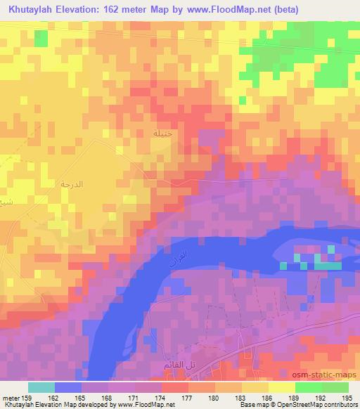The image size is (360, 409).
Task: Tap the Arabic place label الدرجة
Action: coord(72,184)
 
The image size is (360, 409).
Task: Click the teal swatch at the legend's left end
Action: coord(41,387)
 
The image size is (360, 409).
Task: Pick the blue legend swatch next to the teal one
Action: coord(67,387)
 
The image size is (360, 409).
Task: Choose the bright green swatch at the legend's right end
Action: coord(335,387)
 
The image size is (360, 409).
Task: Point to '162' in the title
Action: coord(120,9)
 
